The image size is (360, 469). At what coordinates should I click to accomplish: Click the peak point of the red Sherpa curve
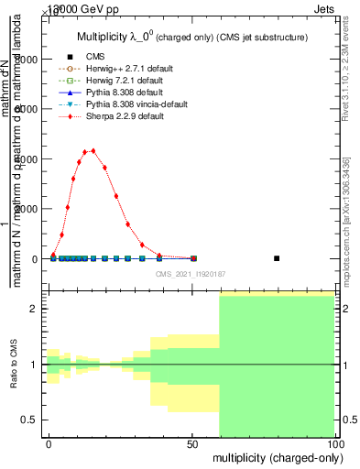click(93, 150)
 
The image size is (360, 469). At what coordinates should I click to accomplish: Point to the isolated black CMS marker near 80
click(277, 258)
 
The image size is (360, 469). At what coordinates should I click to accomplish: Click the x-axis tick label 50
click(192, 443)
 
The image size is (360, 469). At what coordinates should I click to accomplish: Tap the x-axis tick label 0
click(49, 443)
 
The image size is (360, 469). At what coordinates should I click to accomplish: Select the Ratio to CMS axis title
click(14, 365)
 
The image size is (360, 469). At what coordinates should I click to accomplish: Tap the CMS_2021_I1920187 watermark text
click(191, 273)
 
